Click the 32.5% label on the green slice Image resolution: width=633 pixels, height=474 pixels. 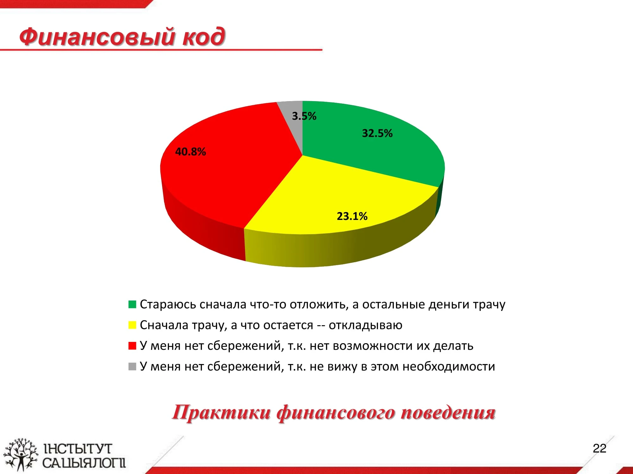pos(377,133)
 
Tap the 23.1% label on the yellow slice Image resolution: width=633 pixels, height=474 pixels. pos(352,216)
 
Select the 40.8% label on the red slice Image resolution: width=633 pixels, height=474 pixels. pos(191,152)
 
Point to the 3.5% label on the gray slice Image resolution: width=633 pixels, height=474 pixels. pos(304,116)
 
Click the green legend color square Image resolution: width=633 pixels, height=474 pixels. pos(132,304)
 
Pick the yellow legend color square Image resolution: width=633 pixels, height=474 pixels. pos(132,325)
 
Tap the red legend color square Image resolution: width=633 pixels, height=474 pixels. pos(132,346)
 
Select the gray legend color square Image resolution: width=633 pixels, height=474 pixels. pos(132,366)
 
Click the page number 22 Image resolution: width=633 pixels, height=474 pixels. pos(599,448)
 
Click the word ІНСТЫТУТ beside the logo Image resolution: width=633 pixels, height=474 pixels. pos(78,449)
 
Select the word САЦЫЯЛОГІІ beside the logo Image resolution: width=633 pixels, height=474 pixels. pos(84,463)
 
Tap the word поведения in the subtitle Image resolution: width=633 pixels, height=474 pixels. pos(448,413)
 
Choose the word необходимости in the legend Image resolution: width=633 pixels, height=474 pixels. pos(449,367)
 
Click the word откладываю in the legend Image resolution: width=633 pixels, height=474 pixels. pos(366,325)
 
